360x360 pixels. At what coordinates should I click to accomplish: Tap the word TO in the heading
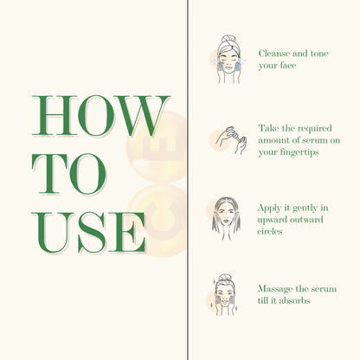70,174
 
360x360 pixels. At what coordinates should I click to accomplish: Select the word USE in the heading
89,231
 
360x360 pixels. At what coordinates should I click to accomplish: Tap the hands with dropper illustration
225,138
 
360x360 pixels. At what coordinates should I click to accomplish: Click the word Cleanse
277,53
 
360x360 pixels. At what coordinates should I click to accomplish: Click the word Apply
271,209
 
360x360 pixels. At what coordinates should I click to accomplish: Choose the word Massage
276,288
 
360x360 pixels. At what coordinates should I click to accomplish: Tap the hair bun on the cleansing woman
227,39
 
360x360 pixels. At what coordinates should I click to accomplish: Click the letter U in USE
51,231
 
